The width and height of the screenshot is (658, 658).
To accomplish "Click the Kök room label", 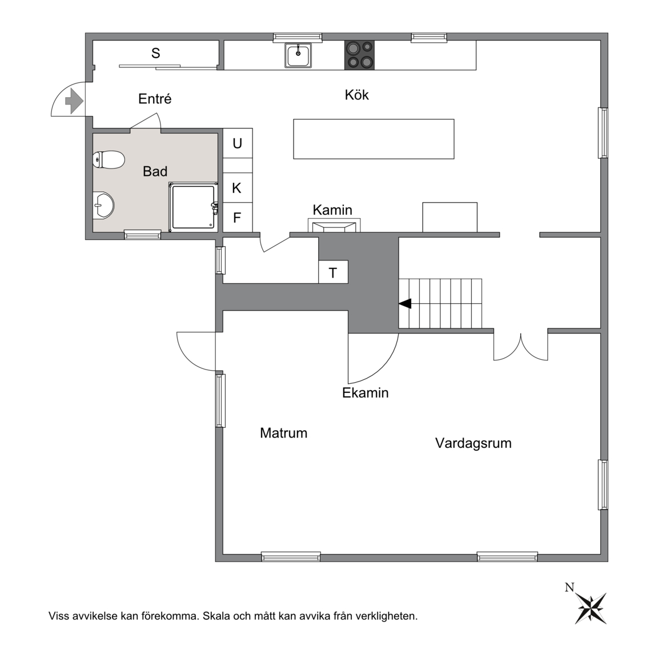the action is click(356, 95).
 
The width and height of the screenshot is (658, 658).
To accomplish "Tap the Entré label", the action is click(155, 99).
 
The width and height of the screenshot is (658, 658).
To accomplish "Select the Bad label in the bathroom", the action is click(155, 171).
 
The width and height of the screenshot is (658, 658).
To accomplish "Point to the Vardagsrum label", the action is click(474, 443).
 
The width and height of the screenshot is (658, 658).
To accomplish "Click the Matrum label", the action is click(284, 432).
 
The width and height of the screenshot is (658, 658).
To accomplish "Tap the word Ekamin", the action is click(365, 393).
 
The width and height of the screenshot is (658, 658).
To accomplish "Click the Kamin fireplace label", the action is click(332, 210).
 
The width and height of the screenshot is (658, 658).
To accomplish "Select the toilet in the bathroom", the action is click(109, 160).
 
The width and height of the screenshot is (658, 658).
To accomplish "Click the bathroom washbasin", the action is click(103, 205).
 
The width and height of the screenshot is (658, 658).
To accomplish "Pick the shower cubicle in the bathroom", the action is click(194, 207).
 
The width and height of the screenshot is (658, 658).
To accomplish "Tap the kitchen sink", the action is click(298, 55).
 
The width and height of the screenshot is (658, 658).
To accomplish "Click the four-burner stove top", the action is click(359, 55).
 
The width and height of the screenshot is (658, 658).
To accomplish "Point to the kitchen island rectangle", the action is click(374, 139).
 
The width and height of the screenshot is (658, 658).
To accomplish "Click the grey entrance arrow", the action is click(74, 101).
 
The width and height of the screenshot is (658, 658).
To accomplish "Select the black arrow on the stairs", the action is click(405, 304).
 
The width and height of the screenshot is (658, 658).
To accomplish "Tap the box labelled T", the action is click(333, 272).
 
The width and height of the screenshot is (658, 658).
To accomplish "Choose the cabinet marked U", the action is click(238, 143).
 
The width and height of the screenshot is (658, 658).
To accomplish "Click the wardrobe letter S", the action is click(156, 53).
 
